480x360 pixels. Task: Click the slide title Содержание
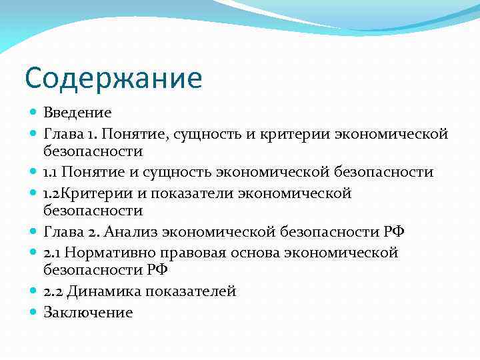click(x=113, y=78)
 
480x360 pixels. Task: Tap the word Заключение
click(x=88, y=312)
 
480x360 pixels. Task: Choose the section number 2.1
click(x=53, y=253)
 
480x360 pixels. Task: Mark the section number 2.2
click(x=54, y=291)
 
